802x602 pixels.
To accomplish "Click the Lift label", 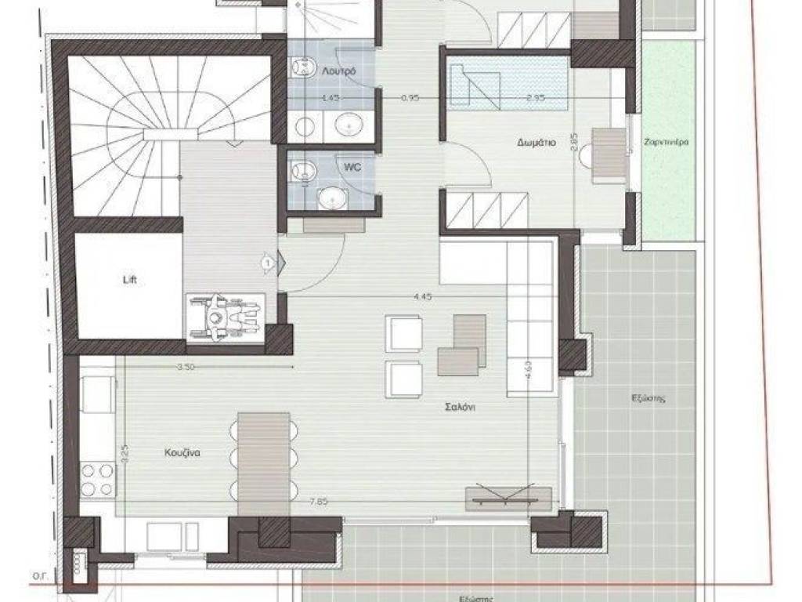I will (129, 279).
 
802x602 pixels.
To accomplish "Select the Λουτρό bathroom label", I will (339, 71).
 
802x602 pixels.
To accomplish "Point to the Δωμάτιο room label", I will (536, 143).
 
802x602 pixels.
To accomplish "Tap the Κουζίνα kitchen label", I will (185, 452).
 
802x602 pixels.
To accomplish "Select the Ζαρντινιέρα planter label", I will (667, 143).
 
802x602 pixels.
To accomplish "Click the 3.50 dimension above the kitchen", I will (186, 366).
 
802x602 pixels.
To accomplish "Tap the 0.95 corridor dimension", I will (410, 99).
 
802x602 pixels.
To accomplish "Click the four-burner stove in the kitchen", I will (97, 480).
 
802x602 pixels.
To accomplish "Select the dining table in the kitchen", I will (264, 462).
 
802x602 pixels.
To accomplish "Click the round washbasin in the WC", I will (332, 198).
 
